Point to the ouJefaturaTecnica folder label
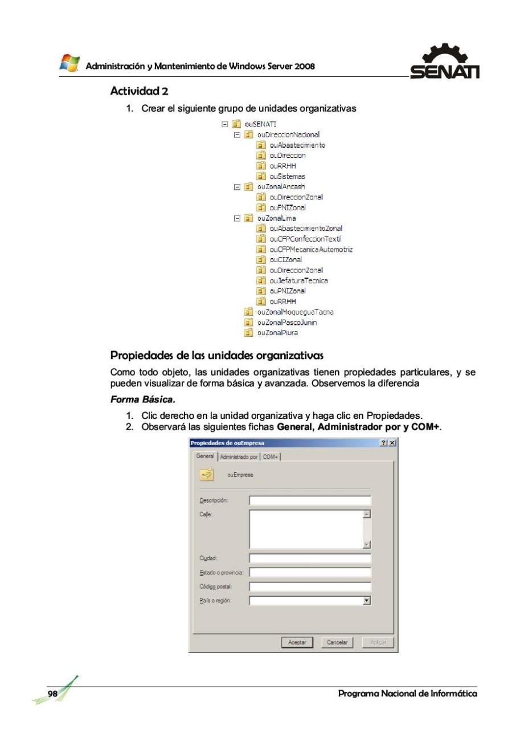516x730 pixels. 298,280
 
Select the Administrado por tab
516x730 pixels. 239,456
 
